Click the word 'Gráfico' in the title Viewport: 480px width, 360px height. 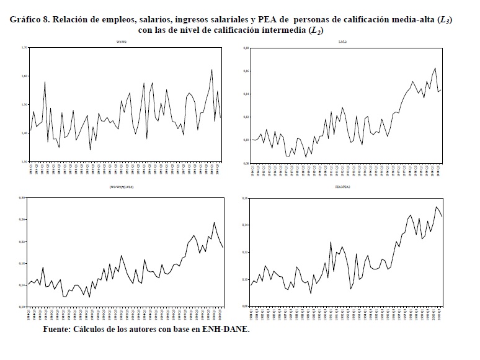point(27,20)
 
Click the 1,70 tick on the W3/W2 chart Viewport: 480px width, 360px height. point(24,48)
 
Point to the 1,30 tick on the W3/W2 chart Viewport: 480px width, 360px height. point(24,161)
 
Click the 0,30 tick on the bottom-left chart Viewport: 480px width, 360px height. point(24,198)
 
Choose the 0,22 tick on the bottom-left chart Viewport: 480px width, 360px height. point(24,241)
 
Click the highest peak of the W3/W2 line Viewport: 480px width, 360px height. point(212,70)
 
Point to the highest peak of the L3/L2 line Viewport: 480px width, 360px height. point(435,68)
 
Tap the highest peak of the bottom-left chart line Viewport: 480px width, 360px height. point(214,223)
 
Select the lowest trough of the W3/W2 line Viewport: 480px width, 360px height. point(90,150)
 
